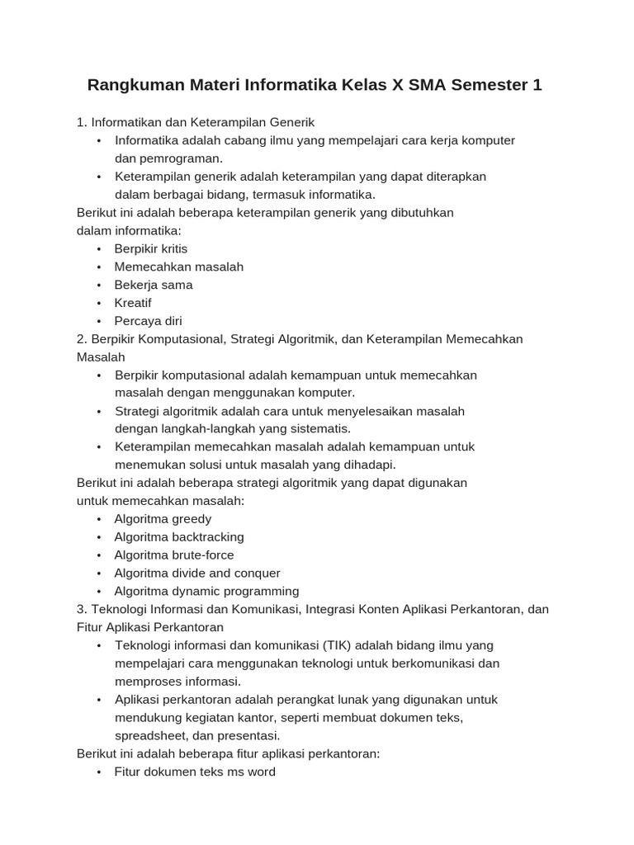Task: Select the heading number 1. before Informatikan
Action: click(82, 122)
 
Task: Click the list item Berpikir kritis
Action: click(151, 248)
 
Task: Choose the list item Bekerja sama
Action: click(154, 285)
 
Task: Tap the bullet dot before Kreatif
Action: click(99, 303)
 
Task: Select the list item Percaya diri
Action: click(149, 321)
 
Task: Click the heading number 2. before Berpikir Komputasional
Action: click(82, 339)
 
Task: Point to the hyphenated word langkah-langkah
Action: click(201, 429)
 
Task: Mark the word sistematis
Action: click(319, 429)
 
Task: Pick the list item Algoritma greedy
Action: click(163, 519)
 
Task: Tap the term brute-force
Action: click(203, 555)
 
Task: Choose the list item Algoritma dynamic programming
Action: click(206, 592)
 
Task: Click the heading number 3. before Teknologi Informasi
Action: click(82, 610)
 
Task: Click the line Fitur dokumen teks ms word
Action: click(195, 772)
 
